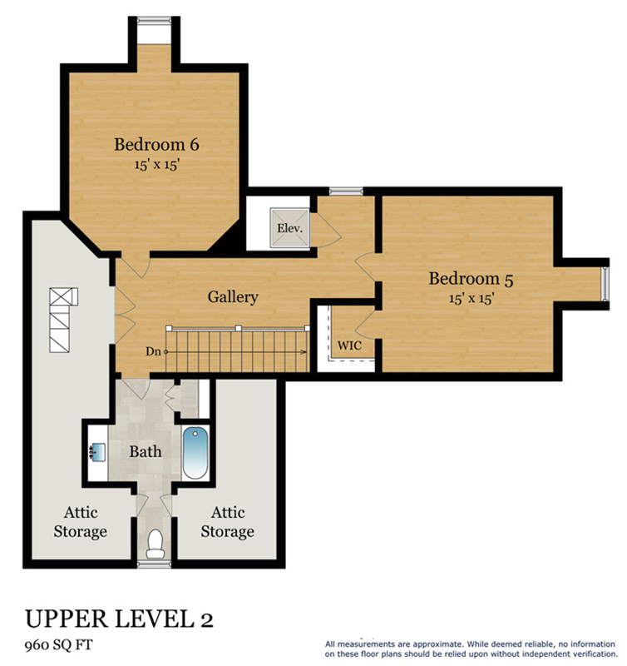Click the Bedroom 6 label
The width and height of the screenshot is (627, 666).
coord(156,144)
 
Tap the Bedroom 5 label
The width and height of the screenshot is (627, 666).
coord(471,279)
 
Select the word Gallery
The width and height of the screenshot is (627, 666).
coord(233,297)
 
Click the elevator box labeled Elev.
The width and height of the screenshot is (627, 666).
coord(290,227)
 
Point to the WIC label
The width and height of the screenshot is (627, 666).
coord(349,345)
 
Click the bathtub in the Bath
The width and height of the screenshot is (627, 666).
coord(195,453)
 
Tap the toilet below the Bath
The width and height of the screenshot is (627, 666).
coord(155,544)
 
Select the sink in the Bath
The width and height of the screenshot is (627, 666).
coord(98,451)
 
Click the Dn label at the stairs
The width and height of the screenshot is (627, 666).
coord(153,351)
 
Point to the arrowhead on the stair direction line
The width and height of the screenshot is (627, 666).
coord(304,351)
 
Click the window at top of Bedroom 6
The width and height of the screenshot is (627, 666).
coord(154,20)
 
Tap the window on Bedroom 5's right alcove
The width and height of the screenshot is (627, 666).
coord(605,284)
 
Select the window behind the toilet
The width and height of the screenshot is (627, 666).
coord(155,564)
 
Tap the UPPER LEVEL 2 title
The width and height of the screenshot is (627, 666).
coord(119,619)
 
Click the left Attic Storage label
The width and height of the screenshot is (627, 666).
coord(80,522)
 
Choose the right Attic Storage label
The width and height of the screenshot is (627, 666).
coord(227,522)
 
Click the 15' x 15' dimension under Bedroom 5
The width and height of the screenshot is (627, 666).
coord(471,299)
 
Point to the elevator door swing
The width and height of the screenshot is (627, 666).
coord(326,230)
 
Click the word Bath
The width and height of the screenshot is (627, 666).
coord(146,451)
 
